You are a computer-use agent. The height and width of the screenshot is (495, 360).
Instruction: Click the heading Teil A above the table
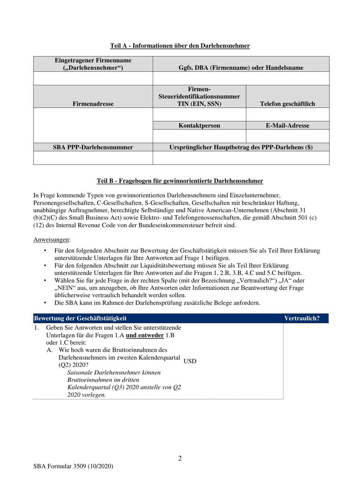coord(180,46)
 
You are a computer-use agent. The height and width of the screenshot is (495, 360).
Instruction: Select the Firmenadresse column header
coord(93,103)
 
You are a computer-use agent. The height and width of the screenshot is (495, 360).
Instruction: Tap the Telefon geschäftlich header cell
coord(287,103)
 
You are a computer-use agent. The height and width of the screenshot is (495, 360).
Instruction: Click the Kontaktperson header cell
coord(199,125)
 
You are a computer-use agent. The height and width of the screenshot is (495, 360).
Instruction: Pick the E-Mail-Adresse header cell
coord(287,125)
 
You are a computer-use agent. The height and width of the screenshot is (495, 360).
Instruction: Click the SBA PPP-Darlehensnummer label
coord(93,147)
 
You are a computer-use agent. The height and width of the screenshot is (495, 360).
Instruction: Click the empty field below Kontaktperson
coord(199,136)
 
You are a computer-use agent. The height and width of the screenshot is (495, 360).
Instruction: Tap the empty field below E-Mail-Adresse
coord(287,136)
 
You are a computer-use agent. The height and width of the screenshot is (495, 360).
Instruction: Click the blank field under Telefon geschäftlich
coord(287,114)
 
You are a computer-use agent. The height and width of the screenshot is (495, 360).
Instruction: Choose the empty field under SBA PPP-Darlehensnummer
coord(93,158)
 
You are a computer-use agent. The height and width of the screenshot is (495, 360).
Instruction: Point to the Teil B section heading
coord(180,181)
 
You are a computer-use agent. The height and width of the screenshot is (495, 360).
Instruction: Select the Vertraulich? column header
coord(302,318)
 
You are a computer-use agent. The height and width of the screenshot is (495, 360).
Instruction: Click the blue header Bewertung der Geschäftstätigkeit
coord(80,318)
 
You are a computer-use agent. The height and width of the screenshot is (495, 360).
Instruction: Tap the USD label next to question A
coord(190,361)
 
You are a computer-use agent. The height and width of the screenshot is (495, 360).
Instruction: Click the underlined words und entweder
coord(145,335)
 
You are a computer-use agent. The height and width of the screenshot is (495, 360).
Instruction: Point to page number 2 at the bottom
coord(180,458)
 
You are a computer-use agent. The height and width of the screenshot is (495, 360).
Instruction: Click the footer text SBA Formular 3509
coord(73,466)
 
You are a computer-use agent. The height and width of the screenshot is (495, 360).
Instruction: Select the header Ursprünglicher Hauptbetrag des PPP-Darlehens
coord(241,147)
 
